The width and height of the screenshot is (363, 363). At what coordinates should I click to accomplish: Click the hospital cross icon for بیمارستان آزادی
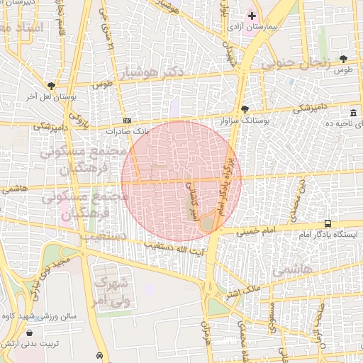point(251,16)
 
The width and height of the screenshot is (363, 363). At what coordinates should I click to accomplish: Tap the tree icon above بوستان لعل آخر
point(51,85)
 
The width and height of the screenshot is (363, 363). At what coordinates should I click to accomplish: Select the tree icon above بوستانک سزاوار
point(245,110)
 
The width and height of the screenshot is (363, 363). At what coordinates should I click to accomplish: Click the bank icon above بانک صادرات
point(126,121)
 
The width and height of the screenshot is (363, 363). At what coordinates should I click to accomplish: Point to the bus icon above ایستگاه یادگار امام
point(327,223)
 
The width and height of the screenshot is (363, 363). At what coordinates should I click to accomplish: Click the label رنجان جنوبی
point(296,63)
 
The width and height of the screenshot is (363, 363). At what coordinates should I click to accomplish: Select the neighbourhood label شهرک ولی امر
point(111,289)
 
